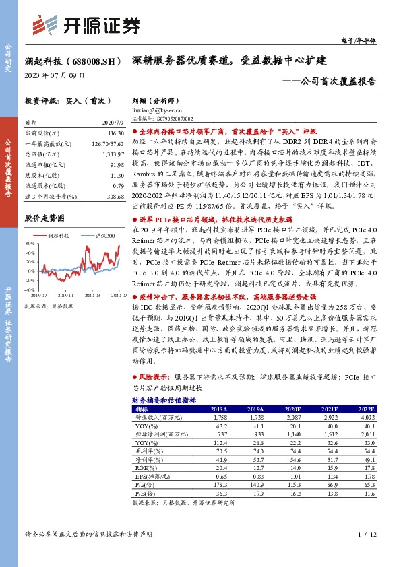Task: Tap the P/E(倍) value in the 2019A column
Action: [x=254, y=484]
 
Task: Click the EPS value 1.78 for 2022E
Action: [x=365, y=475]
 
